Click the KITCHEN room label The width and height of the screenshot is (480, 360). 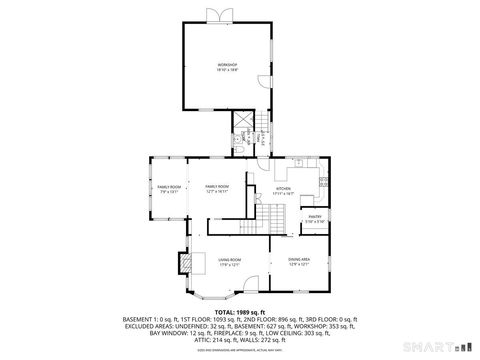[283, 189]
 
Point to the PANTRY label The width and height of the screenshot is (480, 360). [314, 217]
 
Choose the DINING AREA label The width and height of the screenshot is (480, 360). [298, 261]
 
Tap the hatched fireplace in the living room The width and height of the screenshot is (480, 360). [184, 261]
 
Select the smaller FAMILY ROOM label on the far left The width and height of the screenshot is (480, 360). [168, 189]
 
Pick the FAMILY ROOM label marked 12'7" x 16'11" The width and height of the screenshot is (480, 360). [217, 189]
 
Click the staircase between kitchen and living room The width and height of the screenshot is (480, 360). [276, 215]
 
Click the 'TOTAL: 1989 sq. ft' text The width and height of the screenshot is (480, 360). [240, 313]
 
